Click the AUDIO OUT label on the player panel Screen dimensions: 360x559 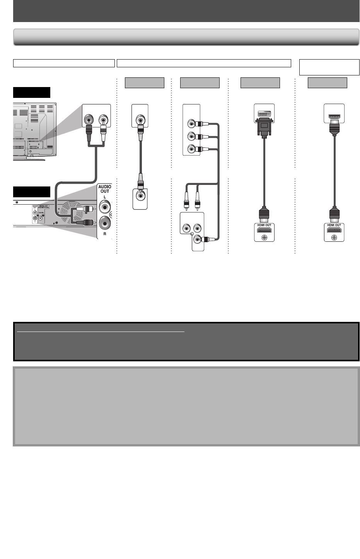pos(104,189)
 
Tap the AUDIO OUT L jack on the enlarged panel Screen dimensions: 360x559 pos(105,207)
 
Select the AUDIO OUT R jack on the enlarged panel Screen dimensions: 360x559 pos(105,223)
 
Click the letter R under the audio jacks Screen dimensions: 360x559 pos(104,234)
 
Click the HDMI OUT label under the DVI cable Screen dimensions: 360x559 pos(264,225)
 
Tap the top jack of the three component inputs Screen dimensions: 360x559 pos(191,124)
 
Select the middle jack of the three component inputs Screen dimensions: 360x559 pos(191,136)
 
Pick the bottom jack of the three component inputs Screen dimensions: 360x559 pos(191,149)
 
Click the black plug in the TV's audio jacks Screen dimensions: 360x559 pos(89,130)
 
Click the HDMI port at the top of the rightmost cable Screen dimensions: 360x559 pos(334,116)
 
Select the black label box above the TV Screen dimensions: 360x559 pos(32,92)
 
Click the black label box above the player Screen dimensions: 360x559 pos(32,191)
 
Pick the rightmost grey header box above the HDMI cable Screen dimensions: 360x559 pos(327,83)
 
